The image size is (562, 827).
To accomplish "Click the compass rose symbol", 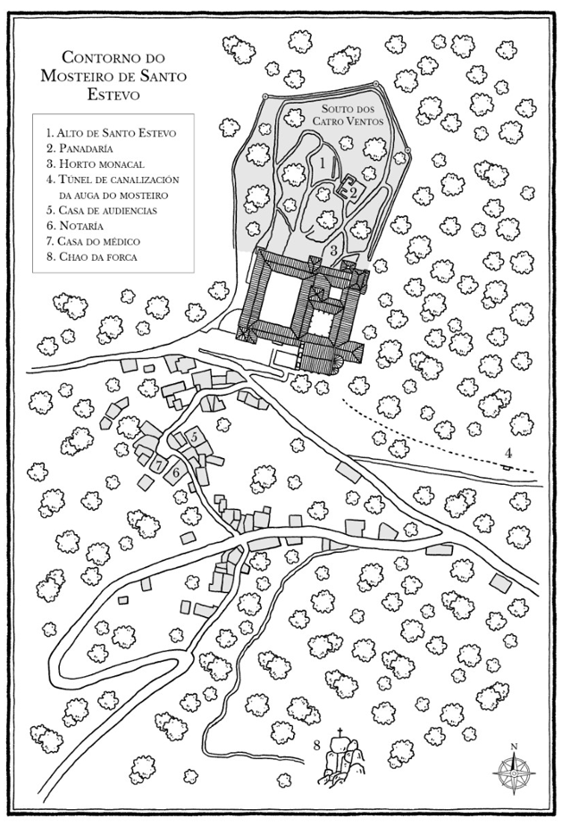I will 514,771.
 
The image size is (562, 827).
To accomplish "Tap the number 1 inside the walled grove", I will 322,163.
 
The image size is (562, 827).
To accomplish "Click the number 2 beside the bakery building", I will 353,192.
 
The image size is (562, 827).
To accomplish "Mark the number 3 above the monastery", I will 333,251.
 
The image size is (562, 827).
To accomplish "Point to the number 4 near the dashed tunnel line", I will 508,453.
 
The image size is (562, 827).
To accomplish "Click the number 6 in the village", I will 175,472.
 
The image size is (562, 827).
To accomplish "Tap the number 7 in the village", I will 158,465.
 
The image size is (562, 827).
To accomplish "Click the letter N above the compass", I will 514,747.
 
